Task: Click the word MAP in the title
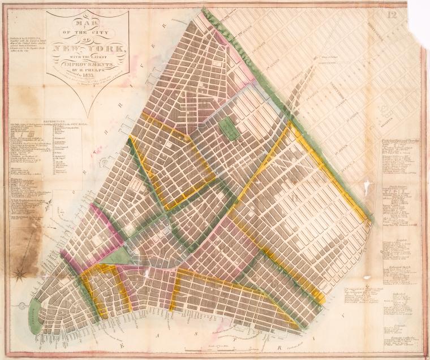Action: click(86, 24)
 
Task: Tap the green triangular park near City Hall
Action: click(115, 256)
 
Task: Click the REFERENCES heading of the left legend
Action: click(45, 119)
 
